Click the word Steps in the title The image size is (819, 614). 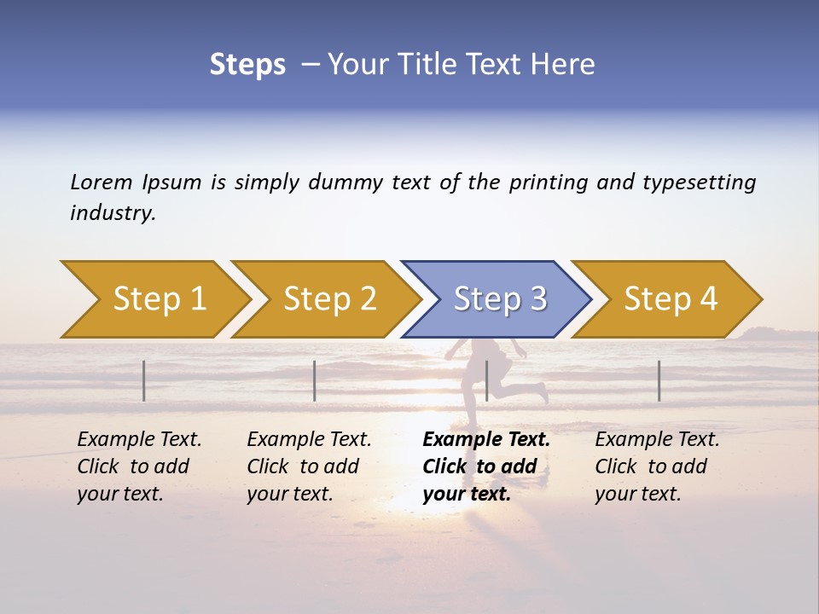[x=247, y=65]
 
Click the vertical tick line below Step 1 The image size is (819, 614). [x=144, y=380]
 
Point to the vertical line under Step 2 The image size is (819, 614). [x=315, y=380]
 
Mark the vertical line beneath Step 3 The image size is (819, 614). [x=486, y=380]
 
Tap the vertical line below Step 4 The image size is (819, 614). [x=659, y=380]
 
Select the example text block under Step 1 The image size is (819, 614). [x=138, y=466]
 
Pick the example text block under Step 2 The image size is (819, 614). [x=308, y=466]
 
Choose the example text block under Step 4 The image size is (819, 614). [x=656, y=466]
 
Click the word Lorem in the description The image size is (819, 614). [x=102, y=182]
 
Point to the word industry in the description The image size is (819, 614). [x=112, y=213]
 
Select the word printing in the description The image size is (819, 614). [x=549, y=182]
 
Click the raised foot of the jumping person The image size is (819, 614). [x=542, y=392]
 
